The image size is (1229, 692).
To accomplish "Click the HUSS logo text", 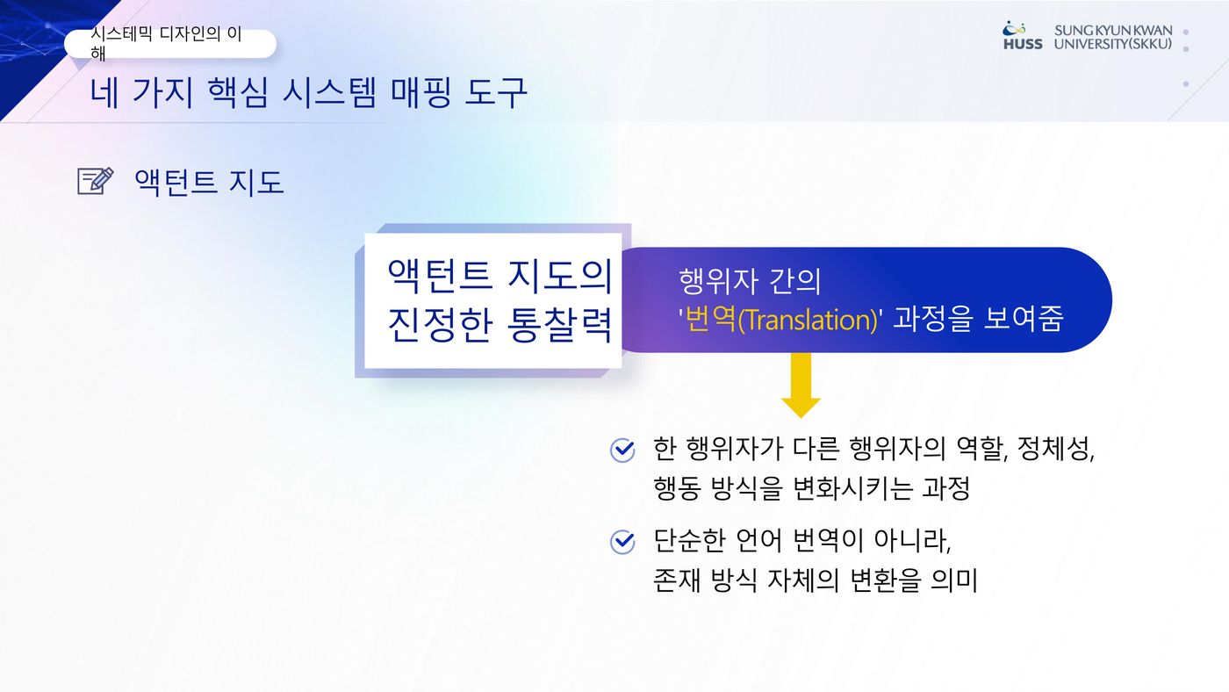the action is click(x=1023, y=44).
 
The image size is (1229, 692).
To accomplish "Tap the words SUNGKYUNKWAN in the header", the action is click(x=1113, y=31).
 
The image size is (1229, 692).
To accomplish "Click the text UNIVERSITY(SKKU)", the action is click(x=1113, y=44).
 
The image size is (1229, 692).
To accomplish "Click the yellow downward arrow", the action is click(x=801, y=386).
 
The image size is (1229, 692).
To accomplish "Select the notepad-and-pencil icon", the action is click(x=96, y=181).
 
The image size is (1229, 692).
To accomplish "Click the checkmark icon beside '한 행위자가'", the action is click(x=622, y=450).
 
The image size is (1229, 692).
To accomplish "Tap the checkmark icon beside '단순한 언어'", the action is click(x=622, y=542).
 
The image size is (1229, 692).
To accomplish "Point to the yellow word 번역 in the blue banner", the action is click(x=710, y=319).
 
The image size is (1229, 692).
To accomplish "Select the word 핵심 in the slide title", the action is click(x=238, y=92).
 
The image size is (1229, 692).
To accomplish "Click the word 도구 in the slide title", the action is click(x=495, y=92).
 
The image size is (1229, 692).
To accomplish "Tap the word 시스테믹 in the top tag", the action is click(x=121, y=34).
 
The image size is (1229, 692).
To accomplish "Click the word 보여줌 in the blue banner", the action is click(x=1024, y=319).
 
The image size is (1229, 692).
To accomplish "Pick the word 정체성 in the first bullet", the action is click(x=1055, y=450).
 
